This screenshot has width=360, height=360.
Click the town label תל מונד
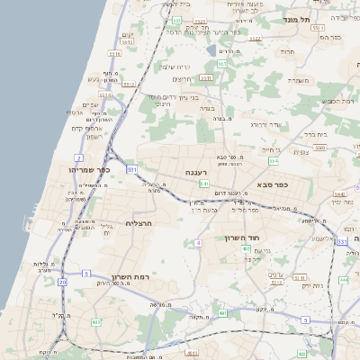[x=298, y=19]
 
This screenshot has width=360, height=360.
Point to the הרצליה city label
[x=141, y=223]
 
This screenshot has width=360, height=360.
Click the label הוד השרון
[x=242, y=238]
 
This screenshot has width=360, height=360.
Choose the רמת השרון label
[x=129, y=277]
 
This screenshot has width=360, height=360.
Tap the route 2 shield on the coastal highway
[x=79, y=157]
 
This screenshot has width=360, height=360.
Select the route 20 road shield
[x=62, y=283]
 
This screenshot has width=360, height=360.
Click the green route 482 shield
[x=95, y=321]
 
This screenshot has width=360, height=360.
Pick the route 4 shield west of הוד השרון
[x=197, y=243]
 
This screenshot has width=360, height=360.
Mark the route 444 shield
[x=343, y=281]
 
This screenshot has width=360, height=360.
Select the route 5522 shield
[x=201, y=20]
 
